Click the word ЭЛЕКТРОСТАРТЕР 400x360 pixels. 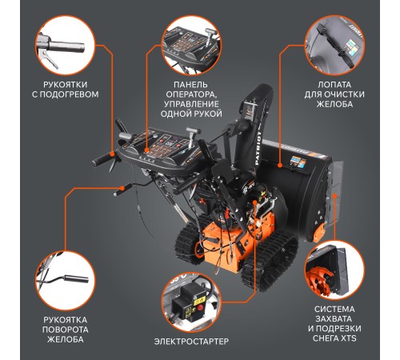click(191, 341)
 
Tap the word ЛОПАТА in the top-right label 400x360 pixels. click(334, 85)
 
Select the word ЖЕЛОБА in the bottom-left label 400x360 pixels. click(66, 339)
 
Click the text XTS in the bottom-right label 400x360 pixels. click(349, 338)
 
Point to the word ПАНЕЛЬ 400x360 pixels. click(190, 85)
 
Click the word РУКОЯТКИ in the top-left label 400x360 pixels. click(66, 85)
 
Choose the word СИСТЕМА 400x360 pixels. click(334, 310)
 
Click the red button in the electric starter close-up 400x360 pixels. click(200, 308)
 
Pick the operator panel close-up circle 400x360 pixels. click(191, 45)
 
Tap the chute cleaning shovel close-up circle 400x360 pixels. click(334, 45)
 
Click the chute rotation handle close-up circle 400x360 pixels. click(66, 280)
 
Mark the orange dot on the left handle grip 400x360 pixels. click(112, 154)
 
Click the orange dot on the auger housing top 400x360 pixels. click(280, 166)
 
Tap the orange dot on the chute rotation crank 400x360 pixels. click(122, 188)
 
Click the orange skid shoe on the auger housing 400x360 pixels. click(319, 232)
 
